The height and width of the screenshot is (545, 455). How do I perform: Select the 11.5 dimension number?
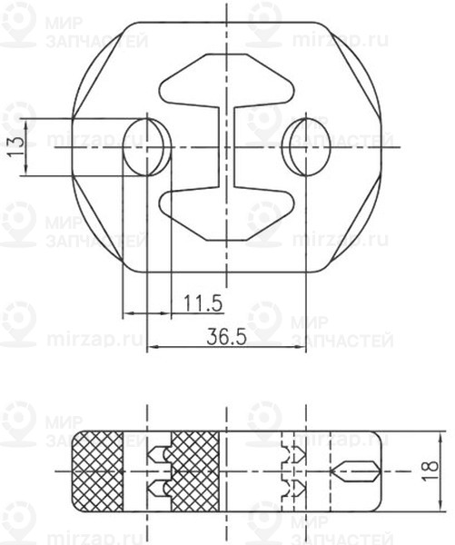(x=203, y=302)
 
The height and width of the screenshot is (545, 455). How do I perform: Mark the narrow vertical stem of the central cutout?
(x=224, y=146)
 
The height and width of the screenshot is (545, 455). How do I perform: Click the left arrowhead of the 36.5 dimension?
(x=152, y=347)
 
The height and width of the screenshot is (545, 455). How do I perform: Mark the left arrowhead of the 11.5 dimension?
(x=126, y=313)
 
